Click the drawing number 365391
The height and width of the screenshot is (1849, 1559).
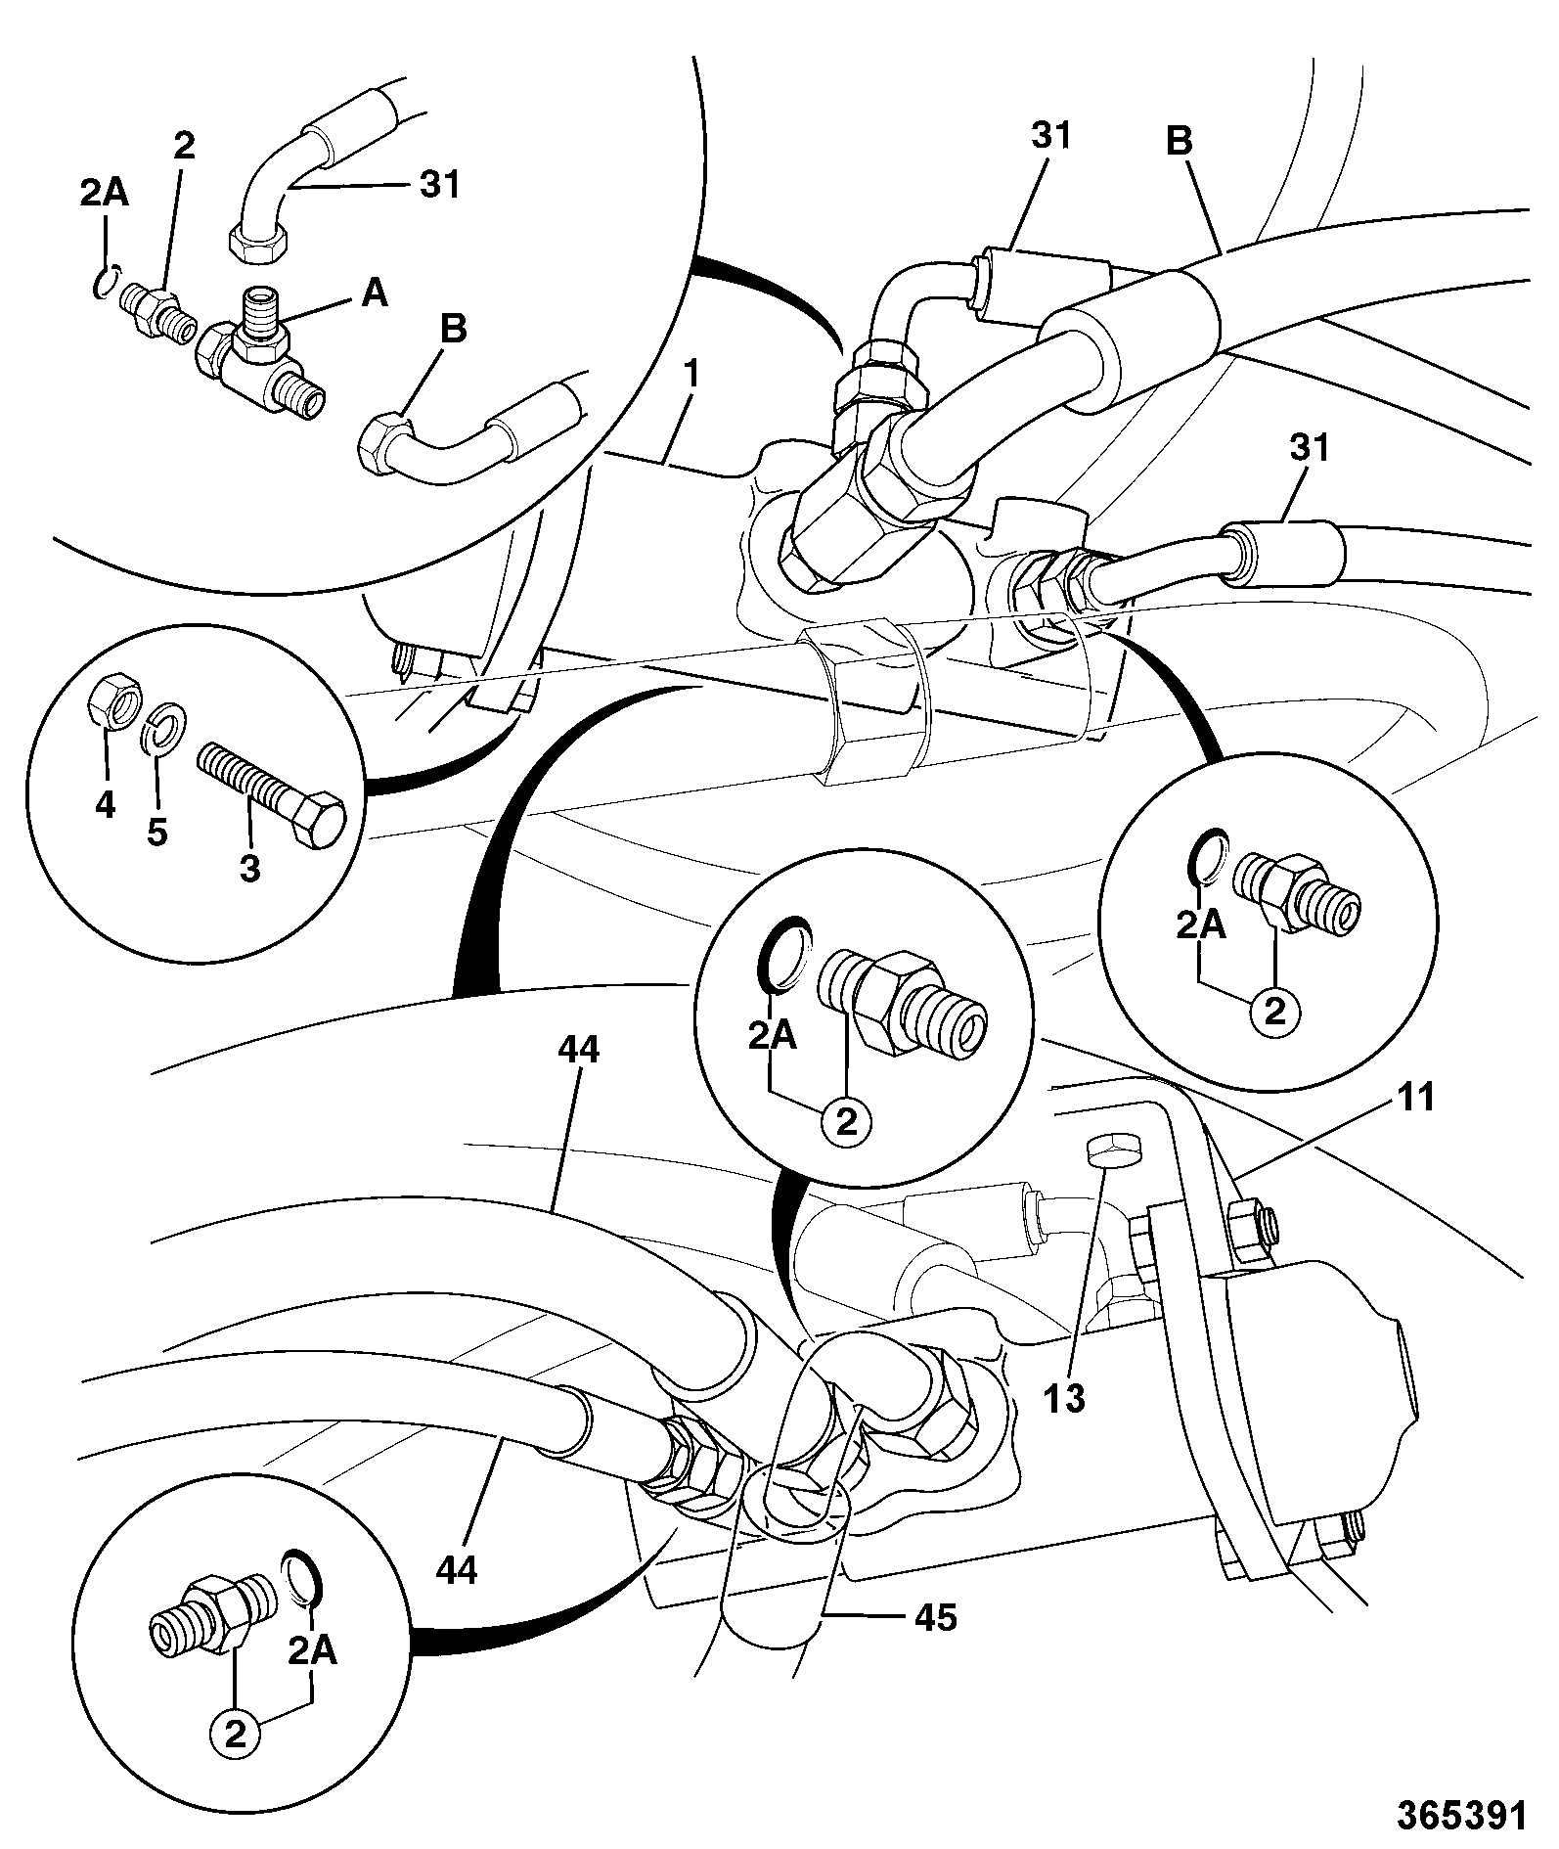1461,1816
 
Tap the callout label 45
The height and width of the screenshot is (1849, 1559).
934,1617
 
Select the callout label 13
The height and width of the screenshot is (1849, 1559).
1064,1398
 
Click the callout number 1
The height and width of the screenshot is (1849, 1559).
692,373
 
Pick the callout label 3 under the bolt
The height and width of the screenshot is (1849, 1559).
250,867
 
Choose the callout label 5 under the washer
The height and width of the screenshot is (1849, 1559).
156,833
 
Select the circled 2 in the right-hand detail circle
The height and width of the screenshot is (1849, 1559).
1275,1012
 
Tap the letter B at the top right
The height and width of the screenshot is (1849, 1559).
1180,141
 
